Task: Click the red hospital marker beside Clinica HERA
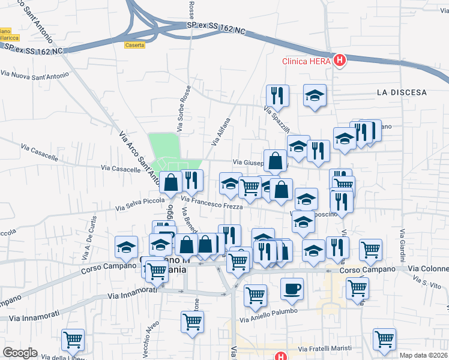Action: click(340, 61)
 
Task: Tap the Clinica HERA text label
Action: click(307, 61)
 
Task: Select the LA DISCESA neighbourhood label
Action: click(402, 92)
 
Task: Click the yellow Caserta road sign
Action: click(135, 45)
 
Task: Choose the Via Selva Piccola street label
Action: click(140, 205)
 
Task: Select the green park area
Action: click(164, 147)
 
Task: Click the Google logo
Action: click(20, 353)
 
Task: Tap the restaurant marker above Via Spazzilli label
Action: click(277, 95)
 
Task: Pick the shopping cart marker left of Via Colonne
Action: click(370, 250)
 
